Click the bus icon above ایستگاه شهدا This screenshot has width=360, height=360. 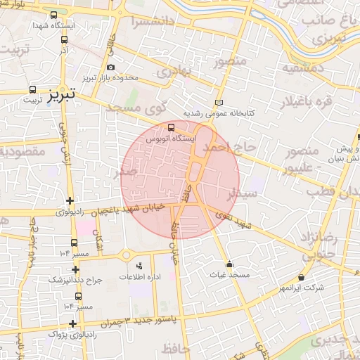(x=54, y=15)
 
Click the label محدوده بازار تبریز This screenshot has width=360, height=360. (x=112, y=77)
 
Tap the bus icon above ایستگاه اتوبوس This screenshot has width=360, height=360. (x=172, y=127)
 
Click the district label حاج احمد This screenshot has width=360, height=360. (x=226, y=148)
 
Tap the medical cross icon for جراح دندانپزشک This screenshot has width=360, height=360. (x=75, y=269)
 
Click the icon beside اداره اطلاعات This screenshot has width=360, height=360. (x=139, y=266)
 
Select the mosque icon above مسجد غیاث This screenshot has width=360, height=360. (x=229, y=264)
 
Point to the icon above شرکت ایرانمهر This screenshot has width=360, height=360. (x=302, y=278)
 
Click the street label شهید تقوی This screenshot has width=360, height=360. (x=235, y=221)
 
